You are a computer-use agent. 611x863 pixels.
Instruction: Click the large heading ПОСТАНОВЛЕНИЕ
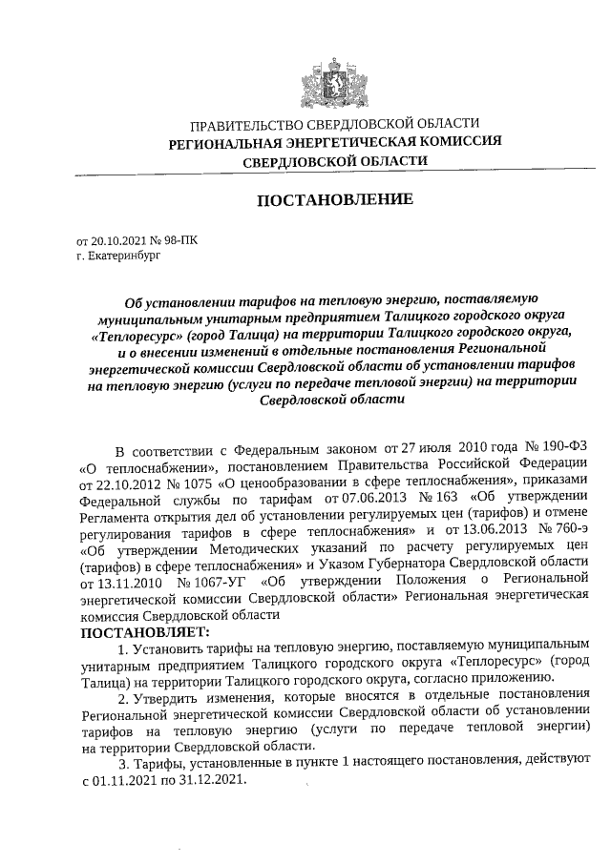[x=333, y=200]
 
